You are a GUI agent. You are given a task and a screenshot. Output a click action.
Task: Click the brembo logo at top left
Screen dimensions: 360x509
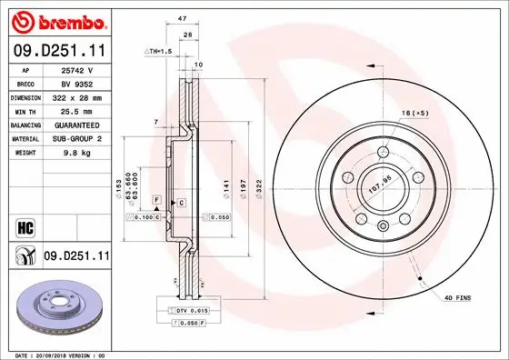point(56,20)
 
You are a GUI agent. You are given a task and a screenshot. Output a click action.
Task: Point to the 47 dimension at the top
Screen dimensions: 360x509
point(182,17)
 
